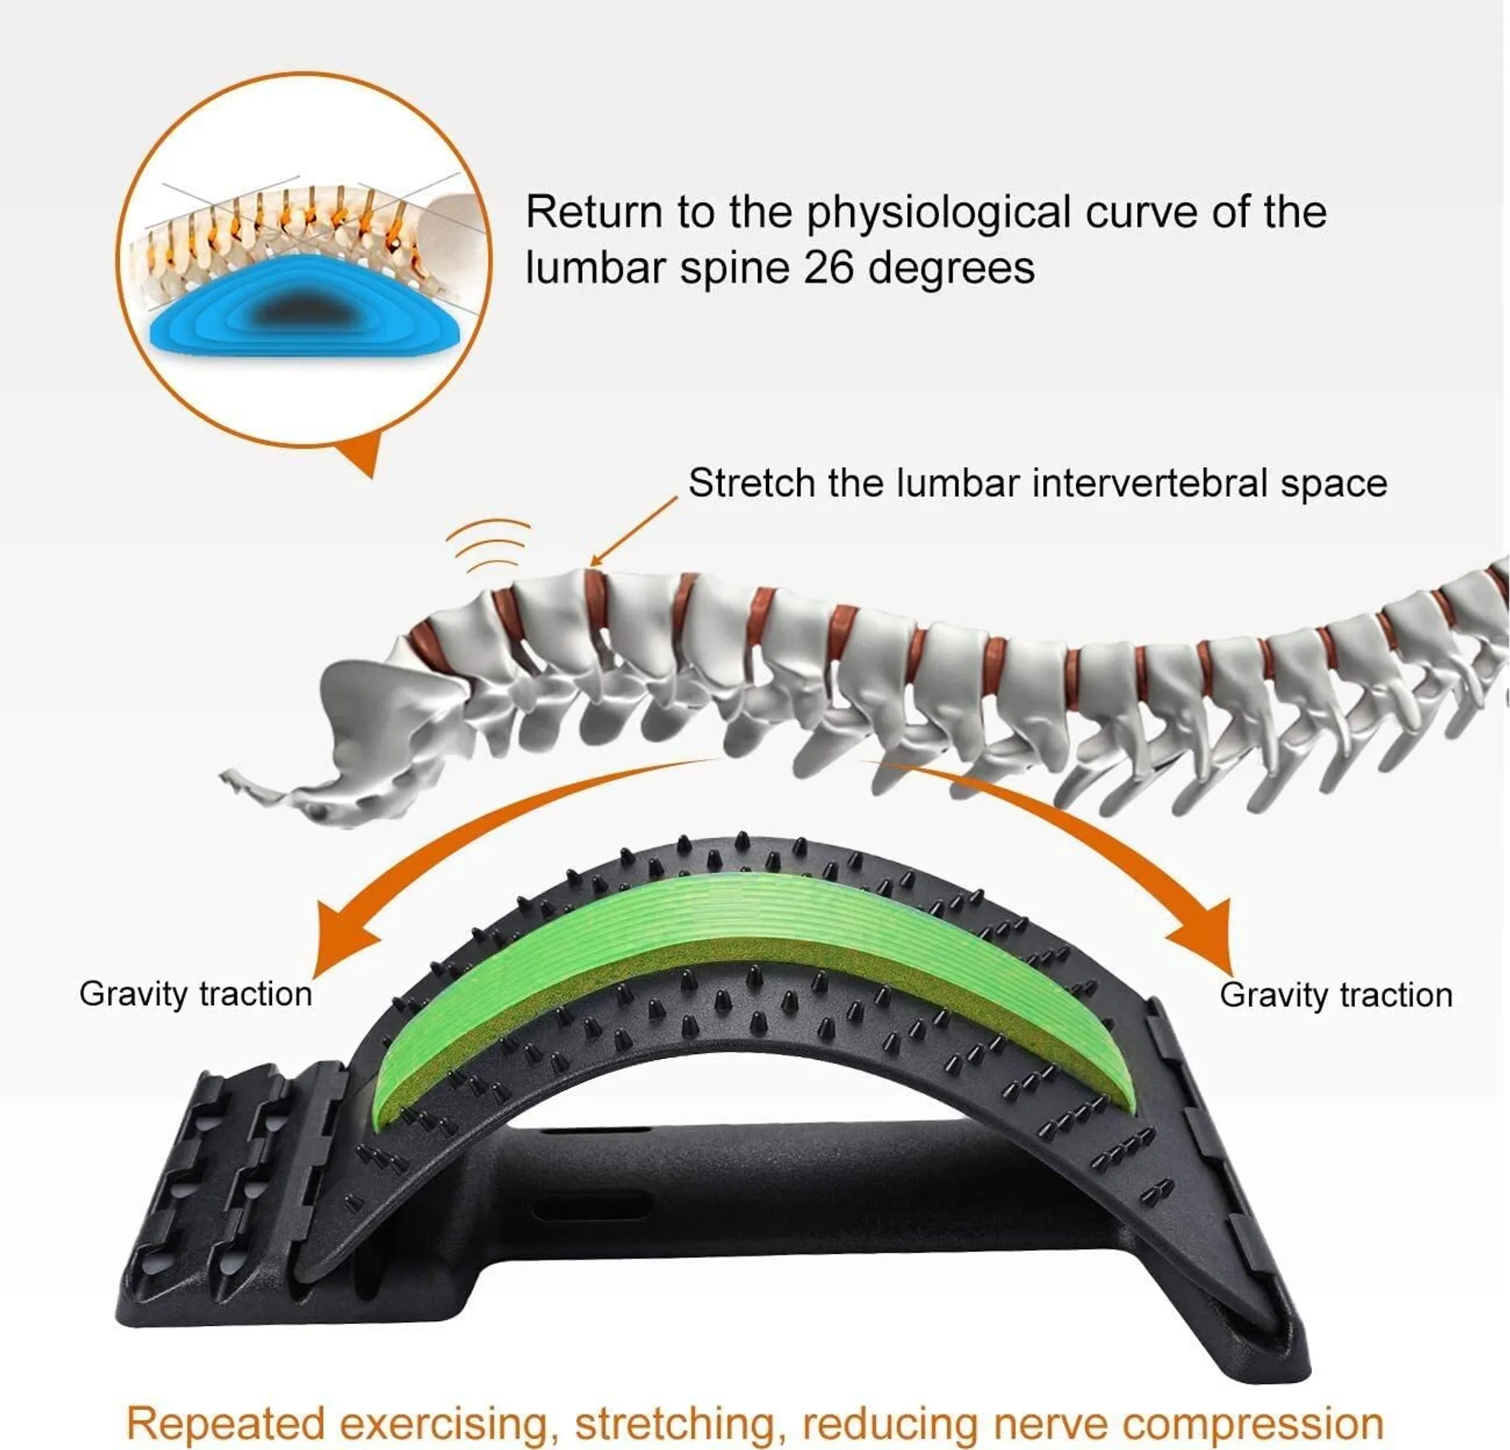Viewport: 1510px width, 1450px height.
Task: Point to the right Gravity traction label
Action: (1337, 996)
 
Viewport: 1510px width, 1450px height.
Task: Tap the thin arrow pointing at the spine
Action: (634, 532)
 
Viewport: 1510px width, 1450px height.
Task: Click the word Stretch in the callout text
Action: (751, 483)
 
